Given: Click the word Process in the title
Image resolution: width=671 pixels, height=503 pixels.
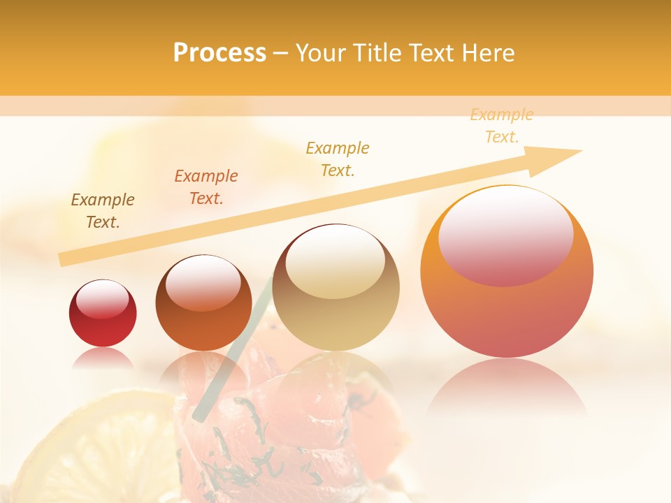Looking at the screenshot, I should pos(219,53).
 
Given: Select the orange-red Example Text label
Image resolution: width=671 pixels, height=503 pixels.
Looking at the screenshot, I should pos(206,187).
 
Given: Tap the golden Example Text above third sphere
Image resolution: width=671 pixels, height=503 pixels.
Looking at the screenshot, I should pos(338,159).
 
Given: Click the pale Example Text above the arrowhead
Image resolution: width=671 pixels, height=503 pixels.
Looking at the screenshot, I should pos(502,126).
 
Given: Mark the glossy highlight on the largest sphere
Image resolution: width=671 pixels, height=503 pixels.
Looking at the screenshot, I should pos(506,236).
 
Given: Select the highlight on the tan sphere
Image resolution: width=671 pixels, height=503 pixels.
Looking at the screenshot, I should pos(335,265).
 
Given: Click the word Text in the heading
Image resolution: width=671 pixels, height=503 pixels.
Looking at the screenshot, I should pos(433,53).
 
